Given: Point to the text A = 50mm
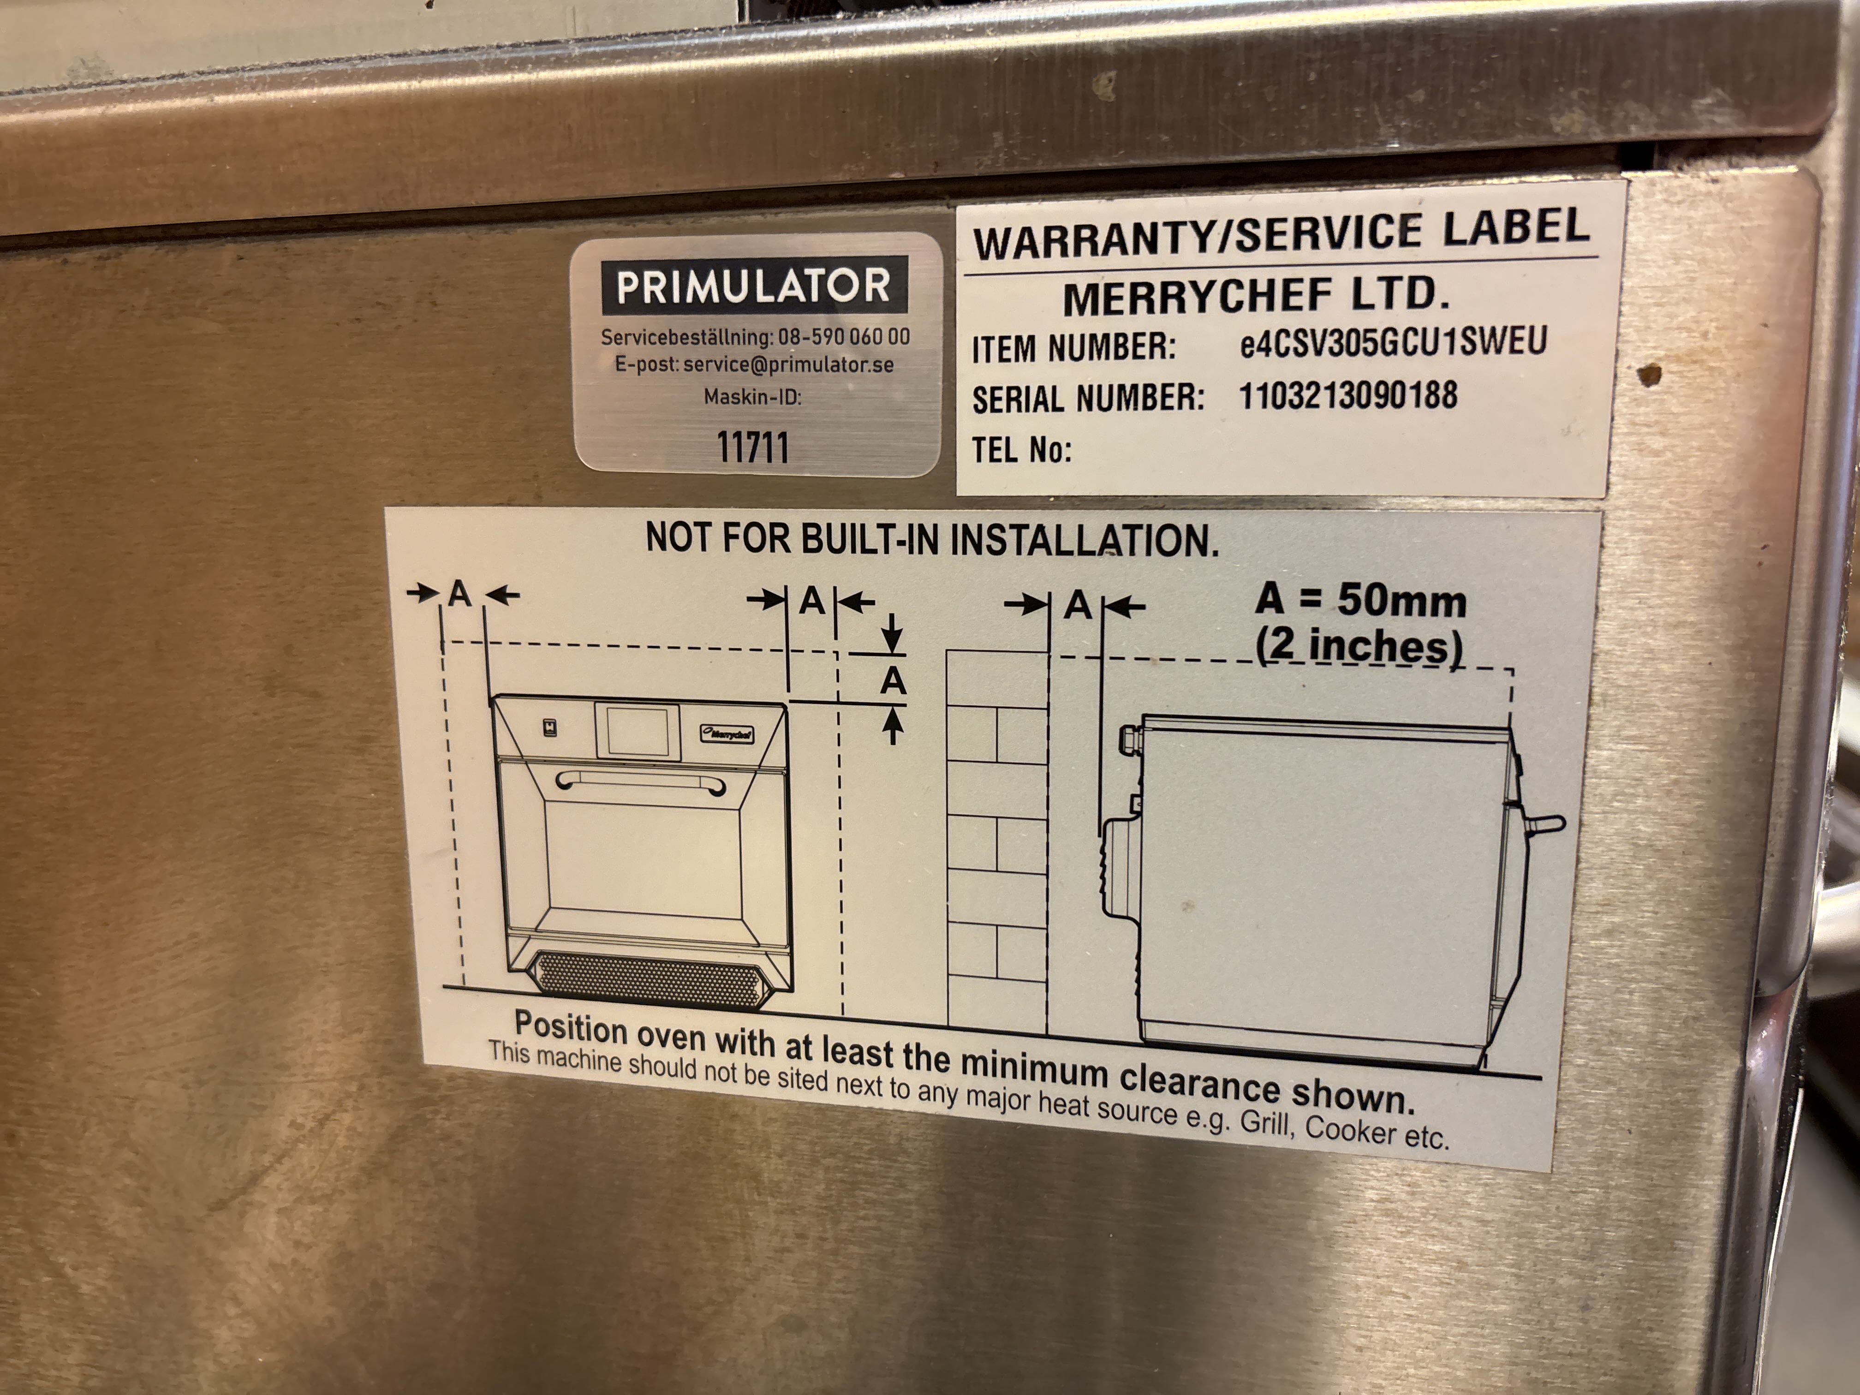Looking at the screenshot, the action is (x=1360, y=600).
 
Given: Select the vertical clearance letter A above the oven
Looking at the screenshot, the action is (x=892, y=681).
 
